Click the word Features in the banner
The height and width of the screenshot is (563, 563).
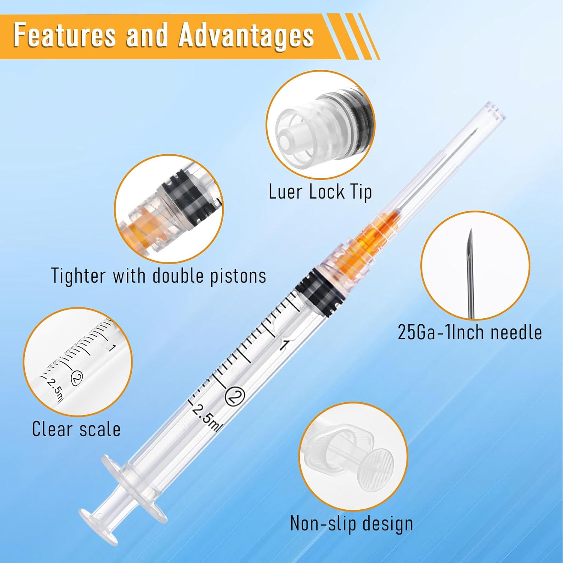(64, 36)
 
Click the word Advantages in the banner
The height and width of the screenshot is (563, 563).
(246, 36)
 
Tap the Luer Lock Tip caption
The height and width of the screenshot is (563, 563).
(320, 192)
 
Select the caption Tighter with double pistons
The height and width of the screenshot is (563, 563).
(158, 276)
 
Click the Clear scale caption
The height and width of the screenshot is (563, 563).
(76, 429)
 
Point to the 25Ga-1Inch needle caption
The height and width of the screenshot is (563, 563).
(470, 333)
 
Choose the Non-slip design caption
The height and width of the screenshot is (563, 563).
(352, 524)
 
